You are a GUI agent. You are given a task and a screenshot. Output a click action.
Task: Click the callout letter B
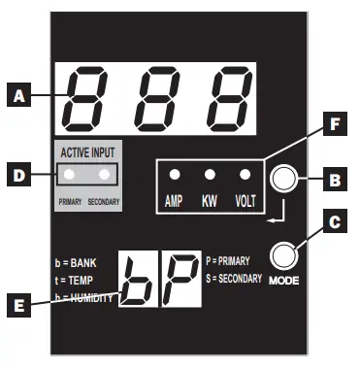tap(334, 179)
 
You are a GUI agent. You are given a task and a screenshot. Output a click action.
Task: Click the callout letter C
tap(334, 222)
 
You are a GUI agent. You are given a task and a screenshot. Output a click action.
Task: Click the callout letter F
tap(334, 125)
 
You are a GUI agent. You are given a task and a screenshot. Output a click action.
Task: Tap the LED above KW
tap(209, 176)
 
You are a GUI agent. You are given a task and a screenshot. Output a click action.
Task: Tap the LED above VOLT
tap(244, 176)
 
